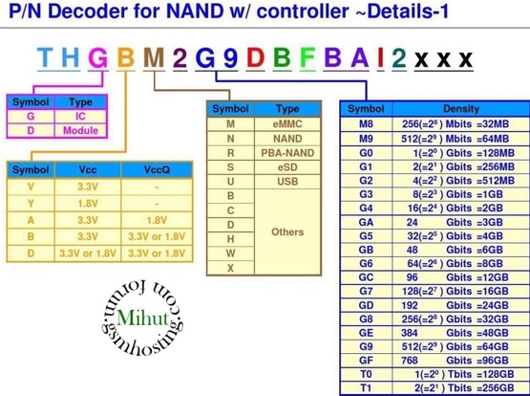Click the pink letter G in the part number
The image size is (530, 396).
click(x=97, y=58)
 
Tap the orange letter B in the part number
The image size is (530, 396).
click(x=126, y=57)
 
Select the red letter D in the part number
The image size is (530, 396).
click(x=255, y=57)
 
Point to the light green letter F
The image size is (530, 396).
click(x=307, y=57)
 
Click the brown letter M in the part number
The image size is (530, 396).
click(x=154, y=57)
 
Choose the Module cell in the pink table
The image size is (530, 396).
click(x=80, y=130)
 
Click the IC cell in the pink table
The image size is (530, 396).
click(x=80, y=117)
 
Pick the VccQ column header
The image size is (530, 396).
click(x=157, y=169)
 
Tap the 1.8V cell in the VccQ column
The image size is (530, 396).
click(x=157, y=220)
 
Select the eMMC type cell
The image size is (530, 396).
click(x=287, y=124)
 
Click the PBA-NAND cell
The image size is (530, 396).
click(x=287, y=153)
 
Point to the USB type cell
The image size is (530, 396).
click(x=287, y=182)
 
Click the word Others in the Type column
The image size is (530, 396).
click(x=287, y=231)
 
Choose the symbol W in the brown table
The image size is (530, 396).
click(x=230, y=253)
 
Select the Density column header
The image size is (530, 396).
click(x=461, y=109)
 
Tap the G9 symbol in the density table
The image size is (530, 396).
click(x=366, y=346)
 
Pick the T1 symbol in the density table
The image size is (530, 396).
click(x=366, y=388)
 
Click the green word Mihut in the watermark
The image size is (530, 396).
click(x=142, y=318)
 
